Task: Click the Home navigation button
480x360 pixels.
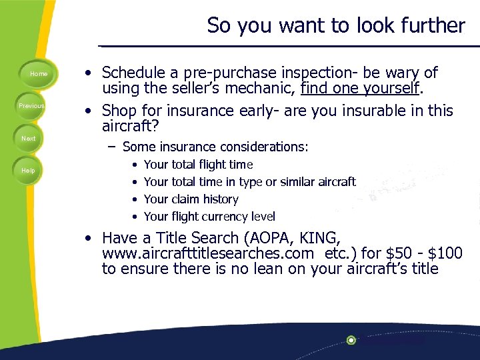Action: [38, 74]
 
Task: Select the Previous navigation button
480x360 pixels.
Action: [31, 106]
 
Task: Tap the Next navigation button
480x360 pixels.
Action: [29, 138]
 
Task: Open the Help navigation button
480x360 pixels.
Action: [28, 171]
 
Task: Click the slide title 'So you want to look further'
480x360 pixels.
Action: [335, 25]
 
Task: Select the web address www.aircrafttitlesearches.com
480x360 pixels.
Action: [207, 253]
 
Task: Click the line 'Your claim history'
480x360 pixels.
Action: [191, 199]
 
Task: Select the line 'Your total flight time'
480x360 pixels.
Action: [198, 164]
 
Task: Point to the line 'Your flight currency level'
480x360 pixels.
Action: [209, 216]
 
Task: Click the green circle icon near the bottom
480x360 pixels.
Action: [351, 340]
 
